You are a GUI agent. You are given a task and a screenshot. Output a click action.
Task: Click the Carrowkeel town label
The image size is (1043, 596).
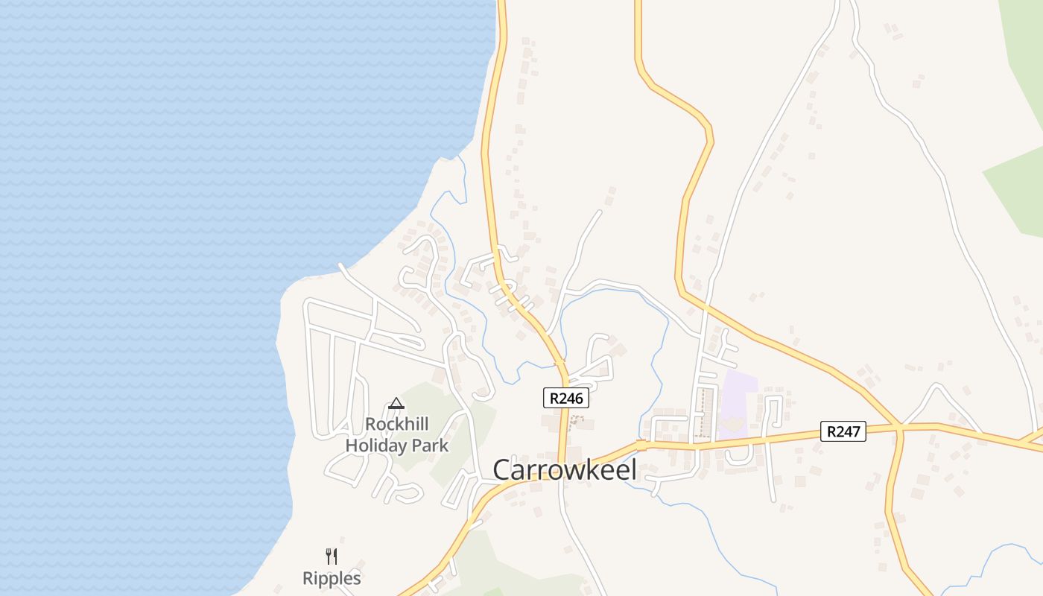[565, 470]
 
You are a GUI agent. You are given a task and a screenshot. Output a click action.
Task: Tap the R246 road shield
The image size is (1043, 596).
[566, 398]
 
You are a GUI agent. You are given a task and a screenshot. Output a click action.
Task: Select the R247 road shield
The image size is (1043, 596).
[843, 431]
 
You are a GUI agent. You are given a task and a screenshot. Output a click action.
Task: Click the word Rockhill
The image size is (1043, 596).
[396, 425]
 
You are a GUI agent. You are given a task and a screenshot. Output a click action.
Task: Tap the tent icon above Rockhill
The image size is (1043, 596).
[396, 404]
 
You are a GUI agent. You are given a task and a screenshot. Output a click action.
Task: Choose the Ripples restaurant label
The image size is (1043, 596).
[332, 578]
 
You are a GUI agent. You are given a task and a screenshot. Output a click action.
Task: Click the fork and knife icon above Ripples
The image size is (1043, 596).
[332, 556]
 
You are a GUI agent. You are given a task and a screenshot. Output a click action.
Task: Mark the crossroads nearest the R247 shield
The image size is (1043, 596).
[899, 428]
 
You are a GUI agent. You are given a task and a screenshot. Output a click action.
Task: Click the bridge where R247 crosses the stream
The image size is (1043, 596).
[641, 445]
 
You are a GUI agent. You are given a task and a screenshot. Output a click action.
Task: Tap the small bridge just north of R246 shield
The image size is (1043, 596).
[560, 362]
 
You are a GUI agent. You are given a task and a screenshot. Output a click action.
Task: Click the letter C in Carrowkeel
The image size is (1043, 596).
[502, 470]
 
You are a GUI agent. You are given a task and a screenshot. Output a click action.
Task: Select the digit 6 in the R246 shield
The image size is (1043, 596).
[580, 398]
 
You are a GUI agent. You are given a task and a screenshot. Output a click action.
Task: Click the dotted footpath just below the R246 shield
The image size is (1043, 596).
[574, 422]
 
